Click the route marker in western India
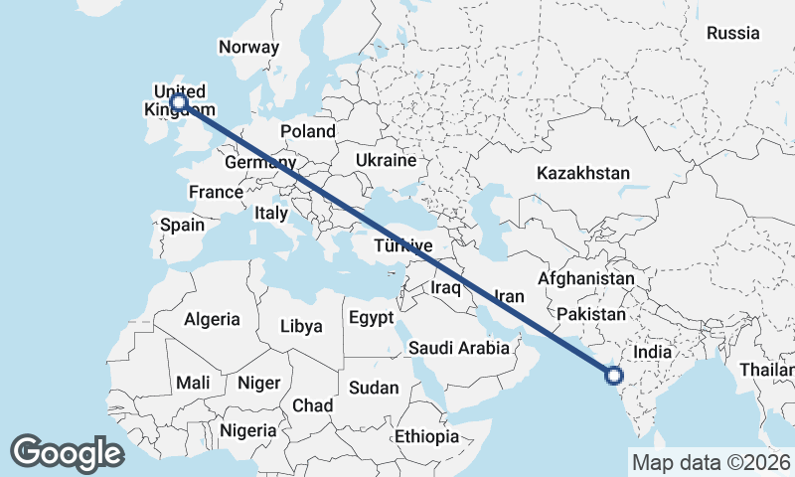(613, 375)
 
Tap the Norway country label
(248, 47)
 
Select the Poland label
(308, 131)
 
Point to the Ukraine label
(386, 160)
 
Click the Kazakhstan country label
(583, 173)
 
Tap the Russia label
(732, 33)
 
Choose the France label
(217, 192)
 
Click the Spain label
(182, 225)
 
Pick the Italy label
(271, 213)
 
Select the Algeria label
(212, 319)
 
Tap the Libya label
(301, 326)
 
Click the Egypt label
(372, 319)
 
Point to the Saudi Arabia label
(459, 348)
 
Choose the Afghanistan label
(585, 279)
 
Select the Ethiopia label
(426, 436)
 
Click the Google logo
(67, 453)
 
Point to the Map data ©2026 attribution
(711, 462)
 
